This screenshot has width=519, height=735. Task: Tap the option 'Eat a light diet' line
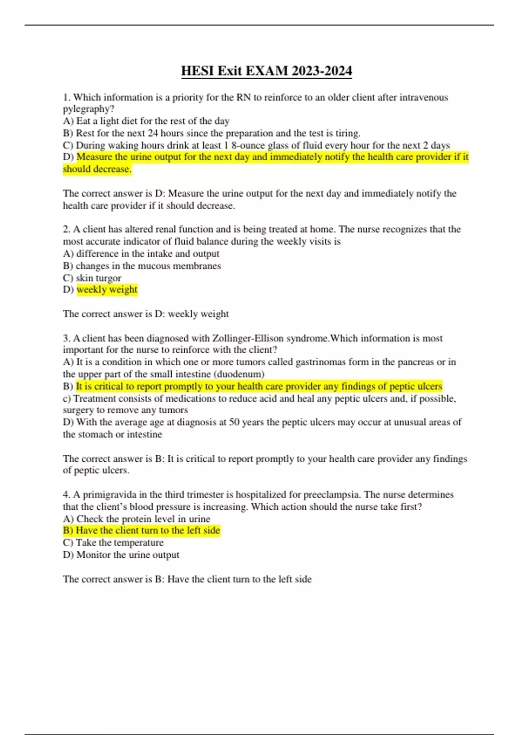click(x=146, y=121)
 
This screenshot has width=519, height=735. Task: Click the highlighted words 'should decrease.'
click(x=97, y=169)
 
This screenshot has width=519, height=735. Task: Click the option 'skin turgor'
click(x=98, y=278)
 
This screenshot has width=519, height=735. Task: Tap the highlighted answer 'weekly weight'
click(x=107, y=290)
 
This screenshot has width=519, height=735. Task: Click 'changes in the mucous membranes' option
click(x=148, y=266)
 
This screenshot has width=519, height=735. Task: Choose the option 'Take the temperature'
click(x=119, y=543)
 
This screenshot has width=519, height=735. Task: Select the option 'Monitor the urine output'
click(x=128, y=555)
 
